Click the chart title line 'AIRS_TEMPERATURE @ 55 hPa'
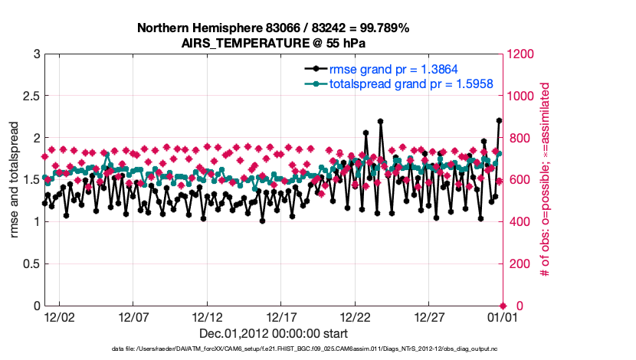point(273,43)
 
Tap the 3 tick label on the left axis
point(36,54)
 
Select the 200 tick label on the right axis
point(519,263)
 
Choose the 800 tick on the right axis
point(519,138)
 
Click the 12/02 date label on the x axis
point(59,316)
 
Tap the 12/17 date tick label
point(282,316)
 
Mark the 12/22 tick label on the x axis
point(356,316)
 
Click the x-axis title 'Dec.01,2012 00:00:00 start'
point(273,333)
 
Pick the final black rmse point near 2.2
point(499,121)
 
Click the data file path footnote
point(273,349)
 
